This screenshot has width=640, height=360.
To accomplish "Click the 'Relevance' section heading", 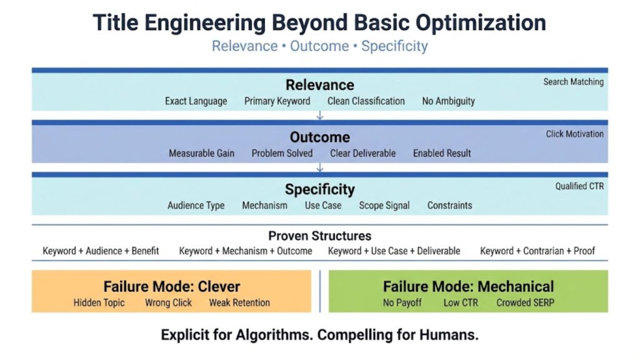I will (319, 85).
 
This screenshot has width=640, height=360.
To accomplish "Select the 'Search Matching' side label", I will (573, 82).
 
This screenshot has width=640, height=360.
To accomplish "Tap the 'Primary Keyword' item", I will (277, 101).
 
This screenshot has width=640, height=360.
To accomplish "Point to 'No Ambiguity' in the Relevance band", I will (448, 101).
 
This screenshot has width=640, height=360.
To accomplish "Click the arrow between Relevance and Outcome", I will (320, 116).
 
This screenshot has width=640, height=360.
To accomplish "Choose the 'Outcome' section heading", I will (319, 137).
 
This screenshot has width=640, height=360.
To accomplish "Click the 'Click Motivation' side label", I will (574, 134).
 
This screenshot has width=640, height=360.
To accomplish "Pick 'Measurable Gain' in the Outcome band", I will (201, 153).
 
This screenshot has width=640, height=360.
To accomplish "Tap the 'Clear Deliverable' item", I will (362, 153).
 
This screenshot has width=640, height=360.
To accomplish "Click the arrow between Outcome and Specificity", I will (320, 167).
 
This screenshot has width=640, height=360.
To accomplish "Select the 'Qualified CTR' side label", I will (579, 186).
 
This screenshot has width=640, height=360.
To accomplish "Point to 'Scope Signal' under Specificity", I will (384, 206).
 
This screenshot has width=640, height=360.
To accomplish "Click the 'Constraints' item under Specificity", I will (449, 206).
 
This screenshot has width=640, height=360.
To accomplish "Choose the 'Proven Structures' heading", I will (319, 236).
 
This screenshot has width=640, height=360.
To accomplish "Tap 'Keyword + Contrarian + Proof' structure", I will (537, 251).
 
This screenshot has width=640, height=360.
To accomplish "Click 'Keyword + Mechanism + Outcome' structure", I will (246, 251).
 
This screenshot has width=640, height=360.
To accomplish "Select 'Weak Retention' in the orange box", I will (239, 303).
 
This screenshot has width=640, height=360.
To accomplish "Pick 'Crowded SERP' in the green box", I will (525, 303).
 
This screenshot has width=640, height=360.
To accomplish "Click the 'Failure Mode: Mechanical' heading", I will (468, 287).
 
